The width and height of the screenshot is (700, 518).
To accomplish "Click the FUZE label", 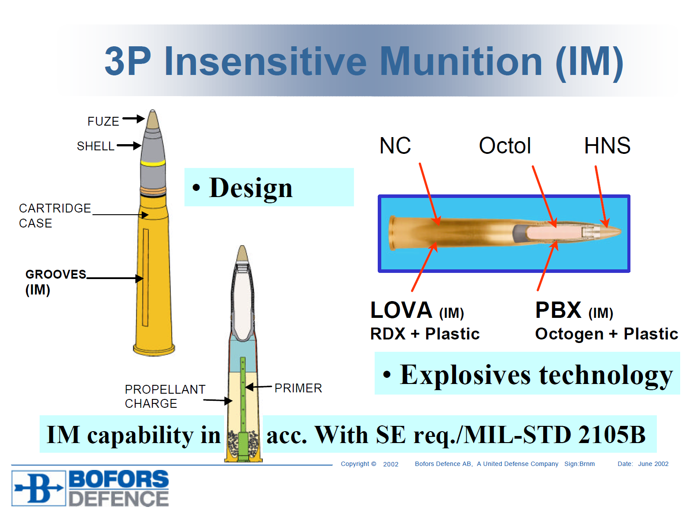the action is click(103, 121).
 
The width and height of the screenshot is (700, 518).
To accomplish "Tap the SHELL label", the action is click(95, 146).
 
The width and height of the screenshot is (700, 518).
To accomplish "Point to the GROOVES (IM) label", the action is click(55, 282).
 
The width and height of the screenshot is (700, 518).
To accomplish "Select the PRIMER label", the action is click(298, 388).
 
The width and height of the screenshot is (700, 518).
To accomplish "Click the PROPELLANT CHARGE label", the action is click(165, 396).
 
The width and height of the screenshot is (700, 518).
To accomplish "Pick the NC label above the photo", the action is click(395, 145).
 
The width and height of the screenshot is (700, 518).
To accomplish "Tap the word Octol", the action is click(505, 145).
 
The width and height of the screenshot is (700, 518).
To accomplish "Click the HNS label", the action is click(607, 145).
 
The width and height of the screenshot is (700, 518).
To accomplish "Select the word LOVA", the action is click(401, 310).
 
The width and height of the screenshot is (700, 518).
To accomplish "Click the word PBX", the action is click(558, 310).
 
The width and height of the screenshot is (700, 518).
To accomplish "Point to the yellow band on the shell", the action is click(153, 162).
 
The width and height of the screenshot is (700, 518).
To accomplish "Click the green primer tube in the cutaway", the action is click(243, 408).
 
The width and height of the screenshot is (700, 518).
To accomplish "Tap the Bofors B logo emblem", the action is click(38, 488).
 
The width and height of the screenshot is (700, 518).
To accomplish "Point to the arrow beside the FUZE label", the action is click(133, 119).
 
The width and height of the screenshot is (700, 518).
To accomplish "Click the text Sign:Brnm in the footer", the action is click(579, 463).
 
